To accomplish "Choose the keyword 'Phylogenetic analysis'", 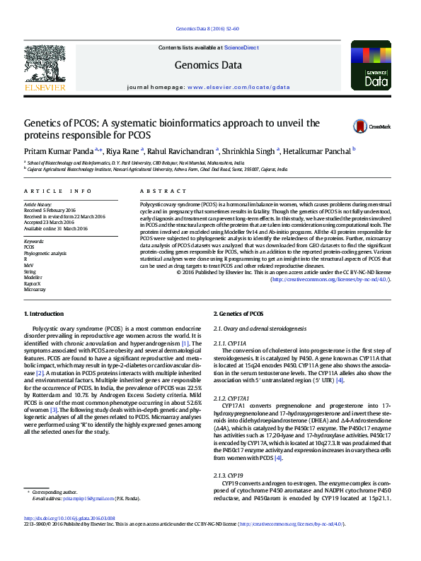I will pos(45,253).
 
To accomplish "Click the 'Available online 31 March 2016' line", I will pos(55,229).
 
